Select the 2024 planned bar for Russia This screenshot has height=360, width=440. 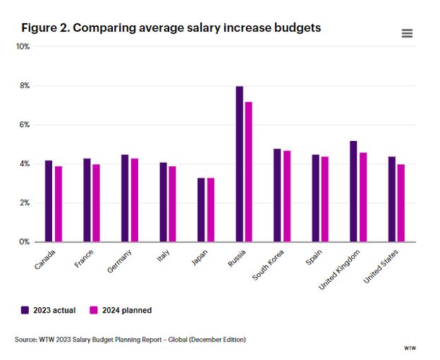pos(248,172)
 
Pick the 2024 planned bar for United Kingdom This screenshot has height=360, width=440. pos(362,197)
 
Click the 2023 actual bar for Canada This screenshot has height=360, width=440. pos(49,201)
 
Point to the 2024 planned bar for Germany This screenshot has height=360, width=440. pos(134,200)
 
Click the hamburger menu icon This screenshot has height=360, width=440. pos(407,33)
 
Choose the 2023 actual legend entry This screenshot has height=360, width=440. pos(49,310)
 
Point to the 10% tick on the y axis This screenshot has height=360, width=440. pos(23,46)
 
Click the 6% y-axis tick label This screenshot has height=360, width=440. pos(24,125)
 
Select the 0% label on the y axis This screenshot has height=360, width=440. pos(24,242)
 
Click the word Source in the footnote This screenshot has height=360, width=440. pos(25,340)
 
